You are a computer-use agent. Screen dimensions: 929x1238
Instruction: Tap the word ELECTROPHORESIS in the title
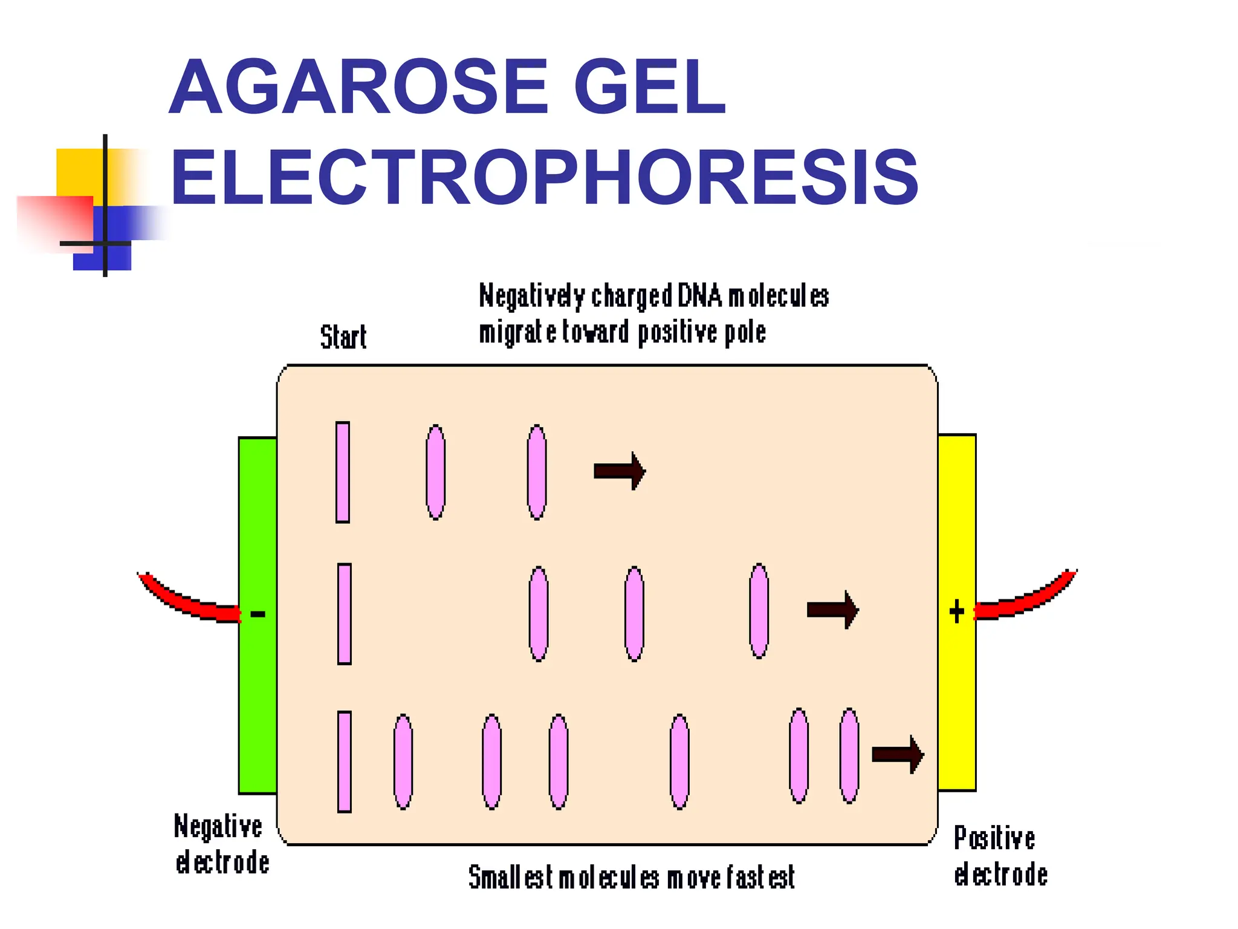pyautogui.click(x=544, y=178)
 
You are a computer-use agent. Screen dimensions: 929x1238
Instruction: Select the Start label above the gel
pyautogui.click(x=343, y=337)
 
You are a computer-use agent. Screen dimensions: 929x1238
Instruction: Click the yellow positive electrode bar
pyautogui.click(x=957, y=696)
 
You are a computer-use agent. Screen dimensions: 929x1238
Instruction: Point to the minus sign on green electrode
pyautogui.click(x=258, y=614)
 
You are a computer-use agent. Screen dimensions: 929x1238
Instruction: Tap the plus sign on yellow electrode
pyautogui.click(x=956, y=611)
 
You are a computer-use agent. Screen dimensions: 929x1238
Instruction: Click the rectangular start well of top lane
pyautogui.click(x=343, y=472)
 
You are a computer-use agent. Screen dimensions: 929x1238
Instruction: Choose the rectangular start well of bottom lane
pyautogui.click(x=344, y=761)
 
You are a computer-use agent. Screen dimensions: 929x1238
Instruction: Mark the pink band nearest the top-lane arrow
pyautogui.click(x=537, y=472)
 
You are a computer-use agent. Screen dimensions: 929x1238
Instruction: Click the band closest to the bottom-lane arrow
pyautogui.click(x=849, y=755)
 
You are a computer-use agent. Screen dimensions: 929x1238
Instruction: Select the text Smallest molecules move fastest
pyautogui.click(x=632, y=878)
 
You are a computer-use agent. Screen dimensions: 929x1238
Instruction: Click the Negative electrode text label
pyautogui.click(x=221, y=844)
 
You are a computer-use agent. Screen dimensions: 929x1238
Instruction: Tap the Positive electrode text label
pyautogui.click(x=1000, y=856)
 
